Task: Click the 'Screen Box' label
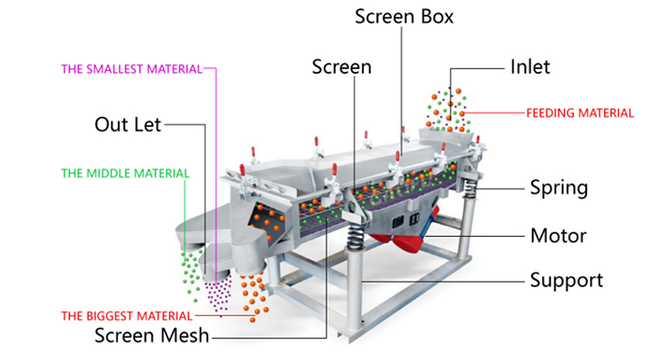pos(404,17)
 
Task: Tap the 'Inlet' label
pos(530,67)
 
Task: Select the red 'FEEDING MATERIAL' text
pos(580,113)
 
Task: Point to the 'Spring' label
pos(559,187)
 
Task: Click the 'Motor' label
pos(558,235)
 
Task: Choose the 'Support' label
pos(567,281)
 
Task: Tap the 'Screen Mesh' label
pos(152,335)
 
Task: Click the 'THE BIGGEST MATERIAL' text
pos(127,316)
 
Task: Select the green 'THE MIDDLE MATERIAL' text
pos(125,173)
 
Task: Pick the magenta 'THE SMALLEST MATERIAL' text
pos(132,69)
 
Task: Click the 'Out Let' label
pos(128,125)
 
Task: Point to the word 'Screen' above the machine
pos(342,67)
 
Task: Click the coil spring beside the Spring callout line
pos(470,187)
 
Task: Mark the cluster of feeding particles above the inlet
pos(447,110)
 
